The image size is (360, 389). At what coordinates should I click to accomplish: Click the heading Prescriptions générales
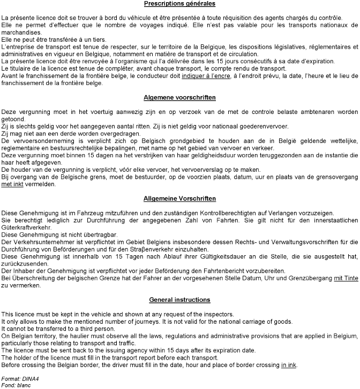[179, 4]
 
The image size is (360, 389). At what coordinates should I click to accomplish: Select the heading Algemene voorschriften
[179, 98]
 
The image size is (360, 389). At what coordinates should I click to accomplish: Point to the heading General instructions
[179, 300]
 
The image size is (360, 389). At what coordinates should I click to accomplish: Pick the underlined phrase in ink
[289, 365]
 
